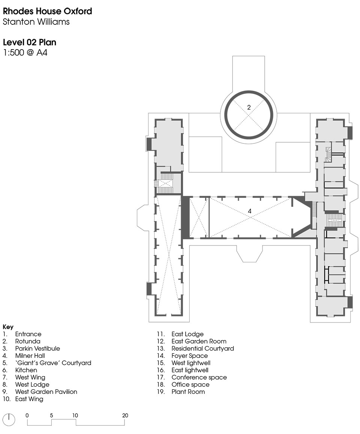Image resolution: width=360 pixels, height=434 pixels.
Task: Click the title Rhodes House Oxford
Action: pyautogui.click(x=47, y=11)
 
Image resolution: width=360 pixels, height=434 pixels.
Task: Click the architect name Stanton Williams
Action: pyautogui.click(x=36, y=22)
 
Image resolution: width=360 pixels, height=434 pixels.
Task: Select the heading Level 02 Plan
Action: pyautogui.click(x=30, y=42)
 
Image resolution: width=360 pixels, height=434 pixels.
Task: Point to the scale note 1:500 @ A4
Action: pyautogui.click(x=25, y=53)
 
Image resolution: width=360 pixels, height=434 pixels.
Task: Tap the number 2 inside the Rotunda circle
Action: pyautogui.click(x=249, y=107)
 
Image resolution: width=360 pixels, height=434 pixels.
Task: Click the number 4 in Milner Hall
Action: pyautogui.click(x=250, y=211)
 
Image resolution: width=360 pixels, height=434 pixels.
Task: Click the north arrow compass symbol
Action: pyautogui.click(x=9, y=420)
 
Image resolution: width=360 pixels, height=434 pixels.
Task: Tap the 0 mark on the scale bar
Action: pyautogui.click(x=27, y=415)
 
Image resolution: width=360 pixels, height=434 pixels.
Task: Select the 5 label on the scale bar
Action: pyautogui.click(x=51, y=415)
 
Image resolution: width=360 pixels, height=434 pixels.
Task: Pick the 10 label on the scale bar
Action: pyautogui.click(x=75, y=415)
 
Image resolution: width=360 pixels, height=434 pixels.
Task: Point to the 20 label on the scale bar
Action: pyautogui.click(x=125, y=415)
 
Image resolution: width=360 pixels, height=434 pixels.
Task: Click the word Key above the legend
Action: pyautogui.click(x=8, y=327)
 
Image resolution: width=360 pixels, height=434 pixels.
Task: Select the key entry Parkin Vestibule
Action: pyautogui.click(x=37, y=348)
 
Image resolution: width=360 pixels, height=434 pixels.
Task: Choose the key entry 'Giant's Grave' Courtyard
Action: pyautogui.click(x=53, y=363)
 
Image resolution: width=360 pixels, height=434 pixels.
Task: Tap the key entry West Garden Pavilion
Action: pyautogui.click(x=46, y=392)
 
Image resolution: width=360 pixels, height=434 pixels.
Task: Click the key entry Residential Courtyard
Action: pyautogui.click(x=202, y=348)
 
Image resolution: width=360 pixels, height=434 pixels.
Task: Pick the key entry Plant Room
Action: pyautogui.click(x=188, y=392)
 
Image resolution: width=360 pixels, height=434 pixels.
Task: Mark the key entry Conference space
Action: pyautogui.click(x=199, y=377)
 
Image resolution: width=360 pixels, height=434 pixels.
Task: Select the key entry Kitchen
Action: pyautogui.click(x=26, y=370)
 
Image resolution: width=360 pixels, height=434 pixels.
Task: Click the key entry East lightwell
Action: pyautogui.click(x=190, y=370)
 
